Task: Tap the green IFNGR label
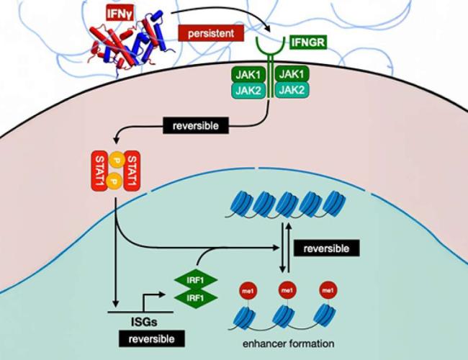pos(309,43)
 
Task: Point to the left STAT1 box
pos(100,173)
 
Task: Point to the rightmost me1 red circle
pos(328,291)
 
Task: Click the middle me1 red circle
pos(287,291)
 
